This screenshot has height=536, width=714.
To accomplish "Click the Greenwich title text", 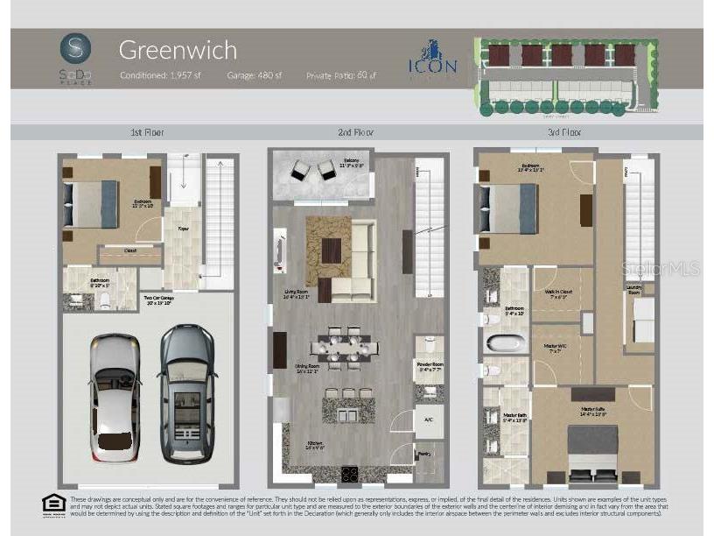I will pyautogui.click(x=177, y=50).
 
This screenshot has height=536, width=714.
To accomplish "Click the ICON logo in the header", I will pyautogui.click(x=432, y=60).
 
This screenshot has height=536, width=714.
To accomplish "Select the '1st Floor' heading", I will pyautogui.click(x=147, y=132).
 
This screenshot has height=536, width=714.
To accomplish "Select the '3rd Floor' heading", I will pyautogui.click(x=563, y=132).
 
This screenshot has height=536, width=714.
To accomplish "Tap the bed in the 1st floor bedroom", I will pyautogui.click(x=90, y=203).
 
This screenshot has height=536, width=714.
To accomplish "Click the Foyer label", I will pyautogui.click(x=183, y=229).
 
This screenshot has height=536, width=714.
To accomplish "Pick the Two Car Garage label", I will pyautogui.click(x=157, y=300).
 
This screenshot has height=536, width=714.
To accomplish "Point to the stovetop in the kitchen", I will pyautogui.click(x=349, y=475).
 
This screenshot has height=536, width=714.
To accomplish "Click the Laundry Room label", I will pyautogui.click(x=640, y=291).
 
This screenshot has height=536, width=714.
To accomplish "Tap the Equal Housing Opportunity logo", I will pyautogui.click(x=53, y=504).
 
